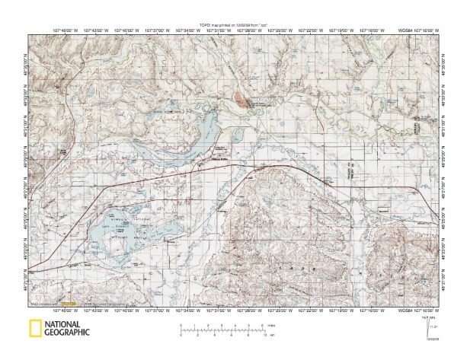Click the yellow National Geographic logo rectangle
35,330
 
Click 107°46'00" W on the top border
66,31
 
